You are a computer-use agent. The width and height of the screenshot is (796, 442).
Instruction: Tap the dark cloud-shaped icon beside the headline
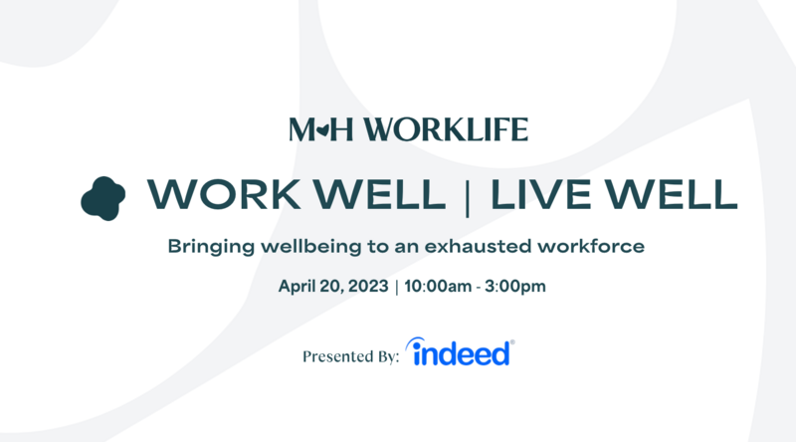tap(103, 196)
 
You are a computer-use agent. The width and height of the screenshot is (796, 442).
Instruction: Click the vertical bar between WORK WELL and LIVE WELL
tap(468, 196)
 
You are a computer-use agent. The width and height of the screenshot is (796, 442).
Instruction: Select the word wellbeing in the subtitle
tap(311, 244)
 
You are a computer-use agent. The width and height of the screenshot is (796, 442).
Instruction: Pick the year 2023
tap(367, 287)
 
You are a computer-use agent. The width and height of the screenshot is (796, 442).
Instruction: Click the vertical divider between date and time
tap(397, 287)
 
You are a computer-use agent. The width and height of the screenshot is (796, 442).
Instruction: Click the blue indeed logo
tap(461, 352)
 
